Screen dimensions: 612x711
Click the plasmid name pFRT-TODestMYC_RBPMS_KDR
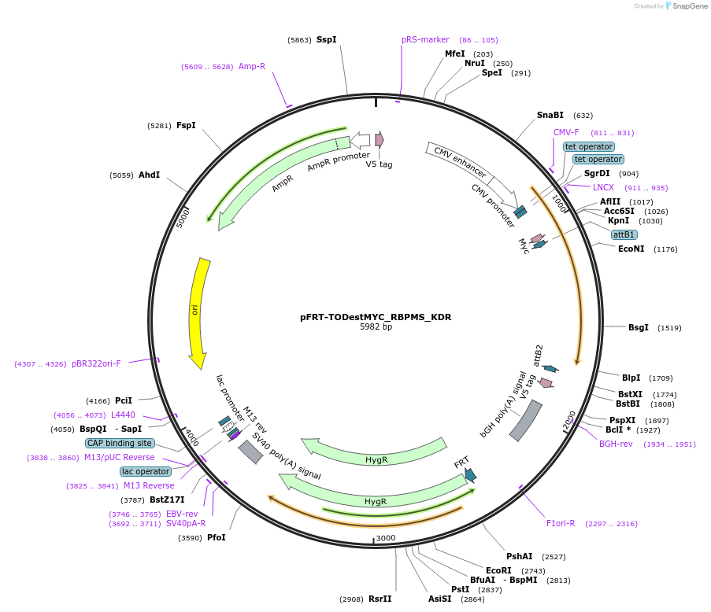[x=376, y=317]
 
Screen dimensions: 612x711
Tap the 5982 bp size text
[x=376, y=326]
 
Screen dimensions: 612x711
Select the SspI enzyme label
[x=326, y=39]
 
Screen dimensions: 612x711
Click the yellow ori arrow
[x=197, y=311]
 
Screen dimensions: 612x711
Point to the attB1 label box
[x=624, y=234]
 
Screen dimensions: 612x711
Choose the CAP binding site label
[x=120, y=443]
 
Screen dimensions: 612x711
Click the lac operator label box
[x=146, y=471]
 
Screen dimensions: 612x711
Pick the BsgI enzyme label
[x=639, y=327]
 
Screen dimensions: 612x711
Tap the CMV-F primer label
[x=566, y=132]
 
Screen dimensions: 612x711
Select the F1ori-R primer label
[x=561, y=523]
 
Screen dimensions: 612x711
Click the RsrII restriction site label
[x=380, y=599]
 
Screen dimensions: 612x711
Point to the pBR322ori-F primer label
[x=96, y=363]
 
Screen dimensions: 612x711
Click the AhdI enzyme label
[x=149, y=175]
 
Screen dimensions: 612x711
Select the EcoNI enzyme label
[x=631, y=249]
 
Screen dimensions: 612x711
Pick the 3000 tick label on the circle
[x=386, y=538]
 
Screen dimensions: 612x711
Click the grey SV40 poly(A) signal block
[x=250, y=452]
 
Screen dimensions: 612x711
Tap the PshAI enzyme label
[x=519, y=556]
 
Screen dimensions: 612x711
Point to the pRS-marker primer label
[x=425, y=39]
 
